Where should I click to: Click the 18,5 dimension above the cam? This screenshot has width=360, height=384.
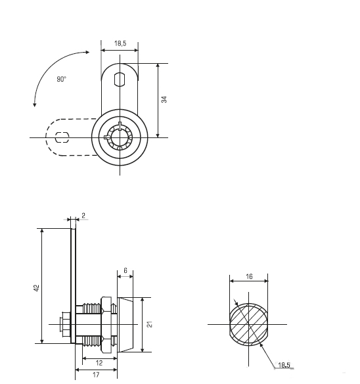[x=120, y=43]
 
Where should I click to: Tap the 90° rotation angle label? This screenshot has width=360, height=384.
[x=62, y=79]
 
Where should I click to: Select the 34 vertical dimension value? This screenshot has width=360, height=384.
[x=164, y=99]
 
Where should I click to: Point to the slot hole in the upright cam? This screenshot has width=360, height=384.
[x=120, y=80]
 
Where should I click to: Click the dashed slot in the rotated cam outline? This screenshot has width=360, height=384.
[x=62, y=137]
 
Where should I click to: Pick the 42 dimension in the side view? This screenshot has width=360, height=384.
[x=36, y=288]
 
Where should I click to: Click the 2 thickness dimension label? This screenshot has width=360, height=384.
[x=83, y=216]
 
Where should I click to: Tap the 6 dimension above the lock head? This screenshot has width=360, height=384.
[x=125, y=271]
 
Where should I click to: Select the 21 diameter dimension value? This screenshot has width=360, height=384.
[x=150, y=324]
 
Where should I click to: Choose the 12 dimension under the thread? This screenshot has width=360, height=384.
[x=99, y=363]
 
